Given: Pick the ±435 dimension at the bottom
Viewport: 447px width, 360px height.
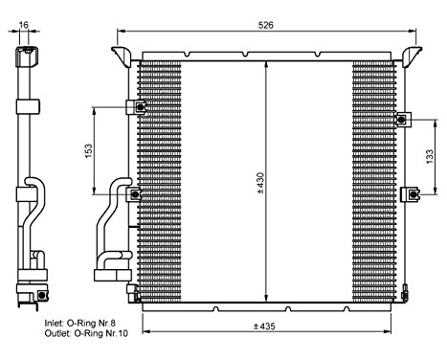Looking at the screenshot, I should [264, 326].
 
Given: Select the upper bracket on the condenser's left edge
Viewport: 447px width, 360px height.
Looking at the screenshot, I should [140, 107].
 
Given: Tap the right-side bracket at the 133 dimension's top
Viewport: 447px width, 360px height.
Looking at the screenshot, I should [403, 120].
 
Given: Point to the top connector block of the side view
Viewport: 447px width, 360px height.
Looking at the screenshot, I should [25, 60].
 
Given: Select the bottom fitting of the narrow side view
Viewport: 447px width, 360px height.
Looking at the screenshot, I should [25, 287].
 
